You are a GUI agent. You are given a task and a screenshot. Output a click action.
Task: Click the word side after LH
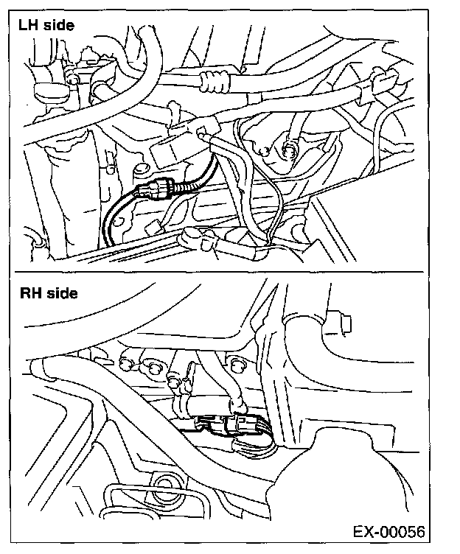(57, 26)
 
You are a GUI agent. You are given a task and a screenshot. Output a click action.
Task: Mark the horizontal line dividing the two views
(220, 272)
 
